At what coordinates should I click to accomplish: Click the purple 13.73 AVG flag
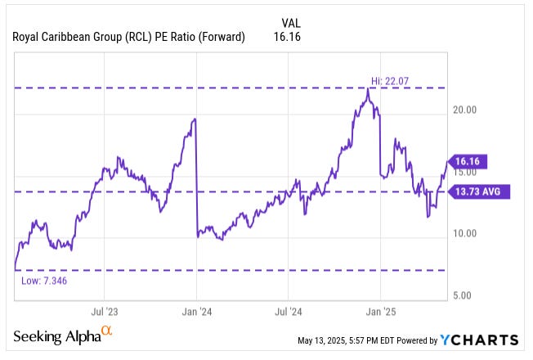pyautogui.click(x=482, y=191)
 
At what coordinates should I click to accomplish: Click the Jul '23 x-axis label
pyautogui.click(x=105, y=312)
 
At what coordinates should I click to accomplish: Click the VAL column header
pyautogui.click(x=291, y=23)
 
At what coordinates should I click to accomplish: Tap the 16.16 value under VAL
pyautogui.click(x=287, y=37)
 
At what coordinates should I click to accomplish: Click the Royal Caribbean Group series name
pyautogui.click(x=128, y=37)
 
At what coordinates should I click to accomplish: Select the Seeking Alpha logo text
pyautogui.click(x=56, y=338)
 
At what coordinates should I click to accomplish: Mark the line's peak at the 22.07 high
pyautogui.click(x=369, y=88)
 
